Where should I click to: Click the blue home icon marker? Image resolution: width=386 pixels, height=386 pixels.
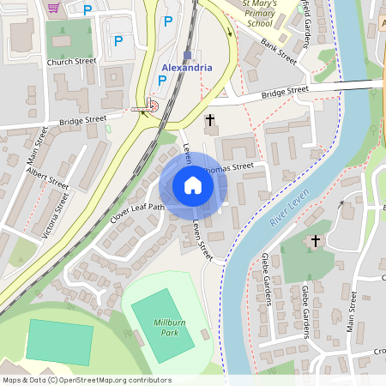point(192,184)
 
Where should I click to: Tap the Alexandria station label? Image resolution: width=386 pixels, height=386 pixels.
point(186,67)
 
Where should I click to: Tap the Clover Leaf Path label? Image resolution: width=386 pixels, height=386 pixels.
point(137,212)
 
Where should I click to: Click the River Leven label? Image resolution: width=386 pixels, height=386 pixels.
point(289,211)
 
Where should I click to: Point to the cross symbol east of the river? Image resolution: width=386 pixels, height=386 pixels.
point(316,241)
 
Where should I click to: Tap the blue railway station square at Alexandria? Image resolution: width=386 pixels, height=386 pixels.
point(186,53)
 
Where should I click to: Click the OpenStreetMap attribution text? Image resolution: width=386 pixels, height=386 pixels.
point(87,380)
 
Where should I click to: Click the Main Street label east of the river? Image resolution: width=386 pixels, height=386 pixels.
point(352,312)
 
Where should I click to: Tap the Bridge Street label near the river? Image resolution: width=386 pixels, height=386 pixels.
point(284,91)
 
